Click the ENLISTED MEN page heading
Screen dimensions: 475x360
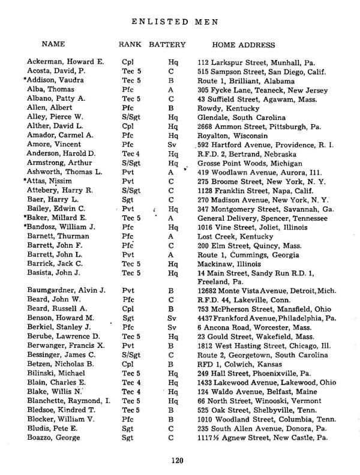(x=174, y=22)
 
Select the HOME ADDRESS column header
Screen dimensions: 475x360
(x=244, y=45)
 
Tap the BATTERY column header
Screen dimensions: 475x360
(x=167, y=45)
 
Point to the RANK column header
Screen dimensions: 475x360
(x=131, y=45)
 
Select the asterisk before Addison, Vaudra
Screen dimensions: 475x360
(x=25, y=80)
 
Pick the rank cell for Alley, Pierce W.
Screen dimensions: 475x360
(x=130, y=118)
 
